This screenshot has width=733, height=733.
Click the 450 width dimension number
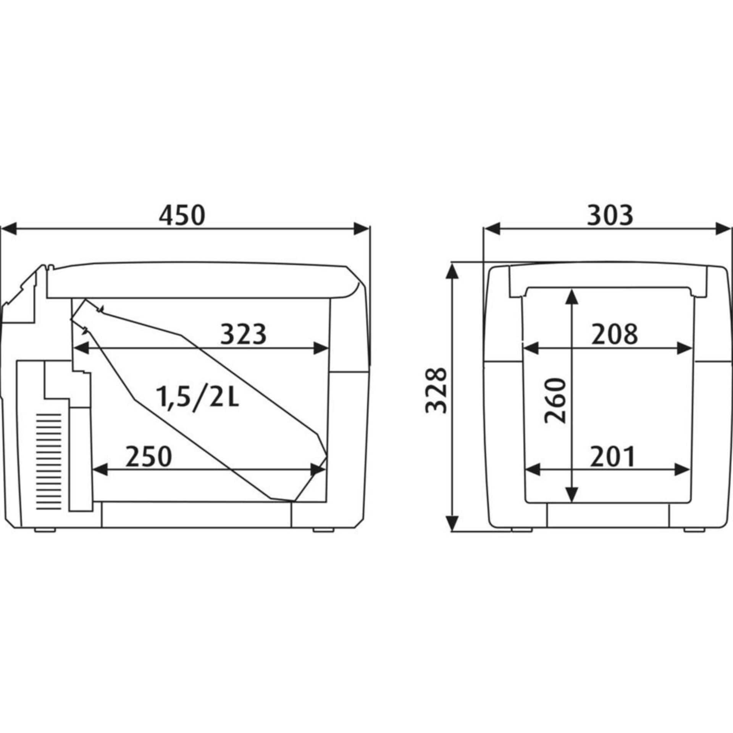point(182,215)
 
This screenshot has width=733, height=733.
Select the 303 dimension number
point(610,215)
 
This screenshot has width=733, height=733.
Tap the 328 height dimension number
point(436,390)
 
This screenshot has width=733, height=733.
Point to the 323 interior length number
point(243,334)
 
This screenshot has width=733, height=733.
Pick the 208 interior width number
point(615,334)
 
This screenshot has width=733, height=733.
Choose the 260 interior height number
point(555,400)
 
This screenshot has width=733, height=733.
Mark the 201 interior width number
point(612,457)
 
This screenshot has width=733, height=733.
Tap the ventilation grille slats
point(48,462)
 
